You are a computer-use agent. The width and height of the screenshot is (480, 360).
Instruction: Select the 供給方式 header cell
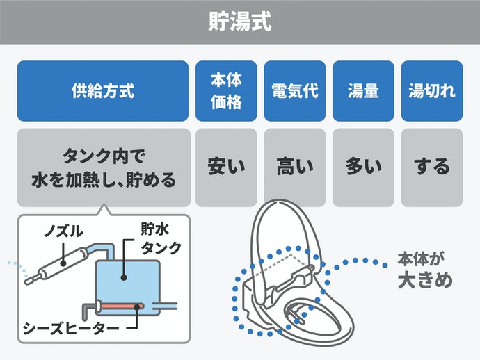[103, 91]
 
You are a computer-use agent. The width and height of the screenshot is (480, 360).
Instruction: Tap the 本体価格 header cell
[226, 91]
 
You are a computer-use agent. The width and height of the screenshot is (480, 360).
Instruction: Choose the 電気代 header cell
[295, 91]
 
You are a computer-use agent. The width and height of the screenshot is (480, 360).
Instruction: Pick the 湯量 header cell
[363, 91]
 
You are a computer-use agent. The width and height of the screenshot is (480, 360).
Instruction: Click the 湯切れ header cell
[432, 91]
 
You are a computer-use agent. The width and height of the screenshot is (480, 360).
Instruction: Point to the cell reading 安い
[226, 167]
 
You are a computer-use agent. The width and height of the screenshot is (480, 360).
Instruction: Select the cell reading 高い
[295, 167]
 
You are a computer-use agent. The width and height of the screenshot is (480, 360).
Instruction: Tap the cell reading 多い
[363, 167]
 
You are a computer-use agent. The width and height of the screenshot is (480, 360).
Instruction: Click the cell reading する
[432, 167]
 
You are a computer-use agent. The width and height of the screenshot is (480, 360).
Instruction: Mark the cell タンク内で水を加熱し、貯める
[103, 167]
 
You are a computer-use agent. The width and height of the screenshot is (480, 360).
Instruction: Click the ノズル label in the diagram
[63, 230]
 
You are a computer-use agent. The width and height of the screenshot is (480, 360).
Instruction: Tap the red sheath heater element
[121, 305]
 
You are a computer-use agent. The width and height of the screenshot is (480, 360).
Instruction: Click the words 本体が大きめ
[424, 272]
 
